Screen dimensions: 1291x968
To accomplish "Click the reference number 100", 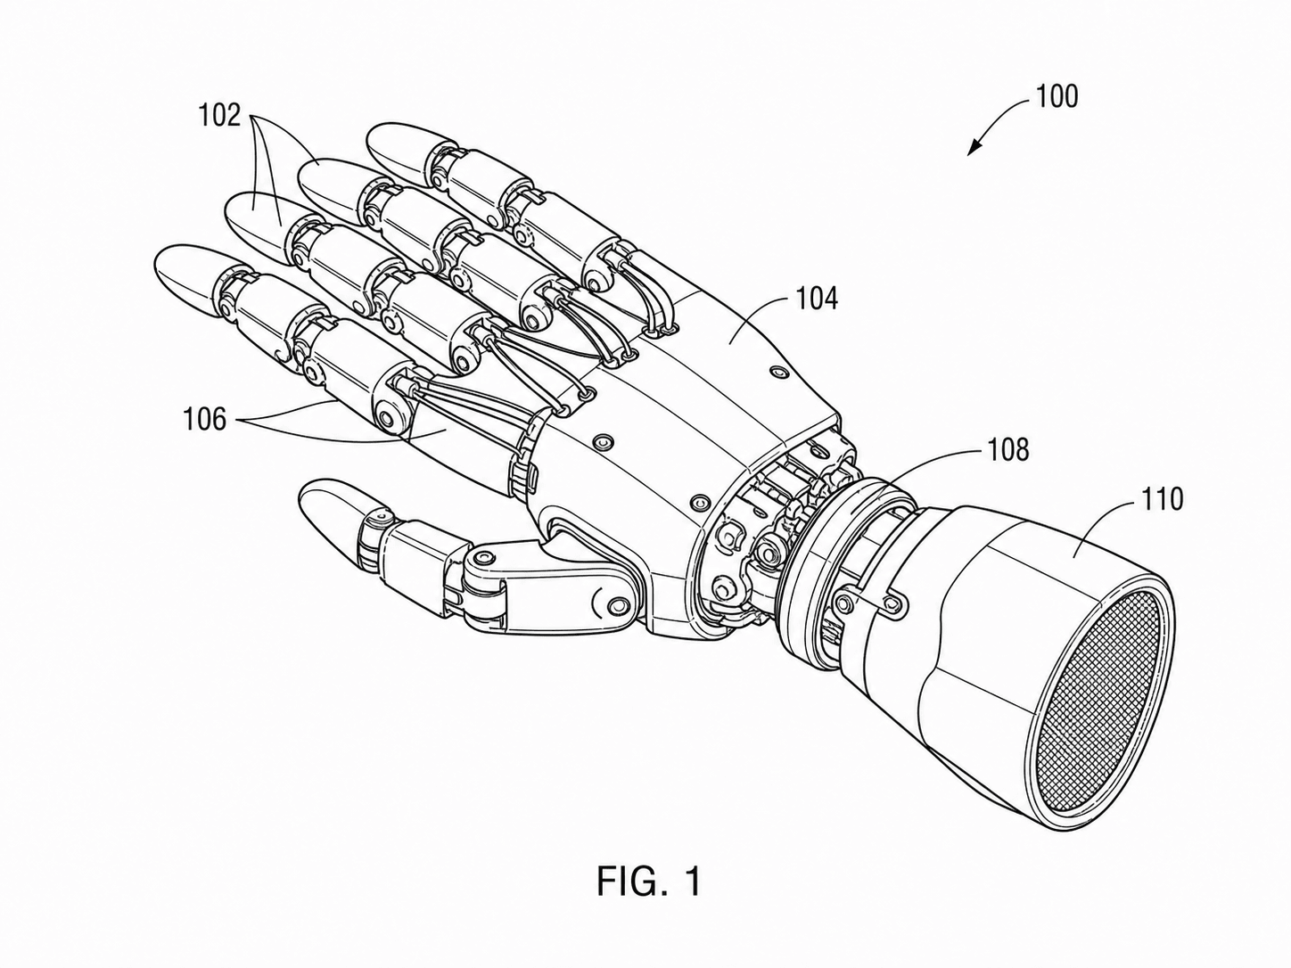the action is tap(1057, 97).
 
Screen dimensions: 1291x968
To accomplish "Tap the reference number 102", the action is tap(220, 115).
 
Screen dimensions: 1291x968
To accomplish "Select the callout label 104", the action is tap(817, 299).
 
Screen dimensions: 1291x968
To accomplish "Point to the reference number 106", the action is tap(205, 420).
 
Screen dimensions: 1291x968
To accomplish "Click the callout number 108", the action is tap(1007, 449).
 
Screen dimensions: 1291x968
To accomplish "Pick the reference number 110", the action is tap(1162, 499).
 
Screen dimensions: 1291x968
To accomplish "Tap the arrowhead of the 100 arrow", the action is tap(974, 148).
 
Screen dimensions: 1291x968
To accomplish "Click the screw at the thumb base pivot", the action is tap(618, 605).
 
